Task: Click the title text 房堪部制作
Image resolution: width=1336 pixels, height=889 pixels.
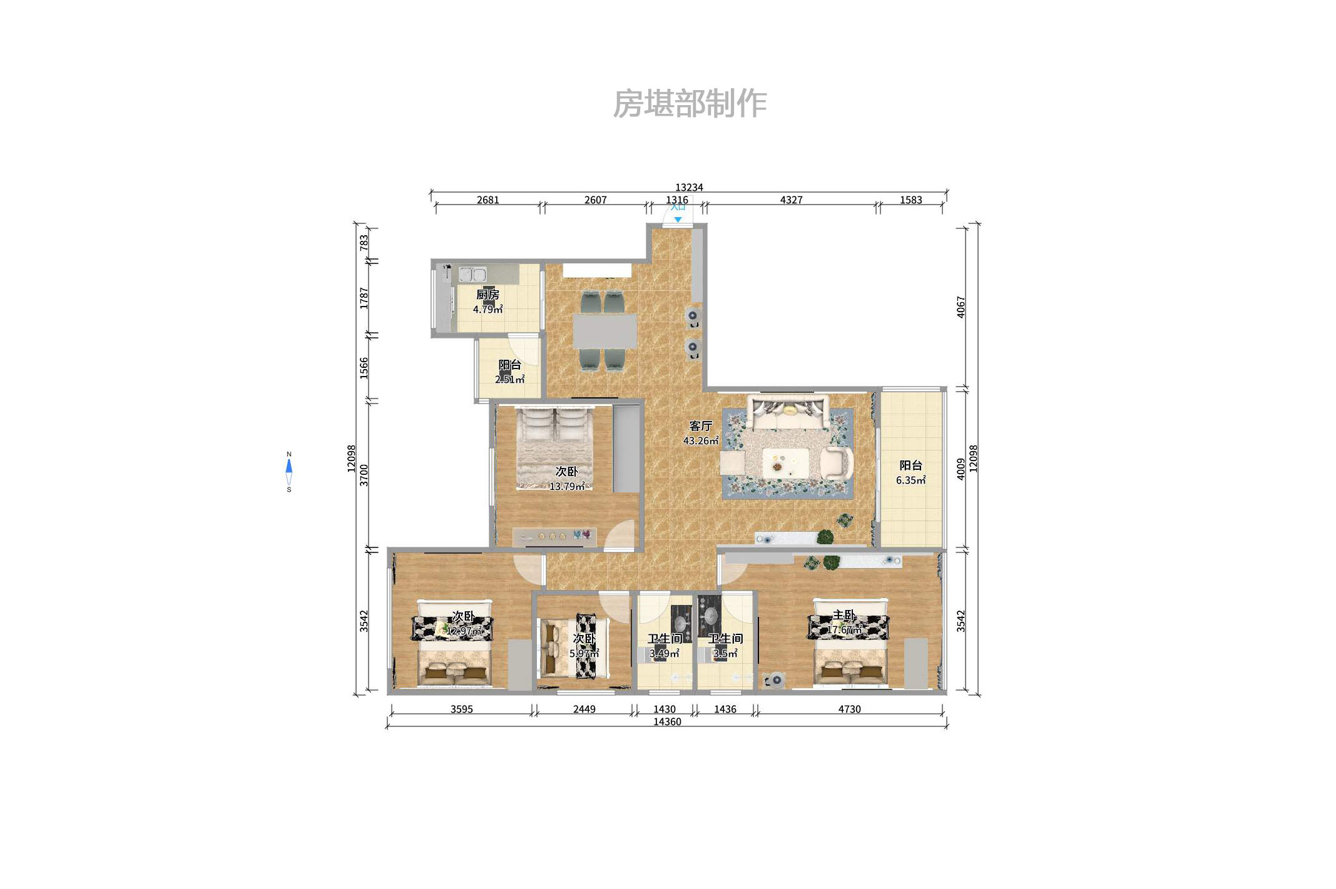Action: click(689, 103)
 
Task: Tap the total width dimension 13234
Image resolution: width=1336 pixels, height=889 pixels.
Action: click(689, 187)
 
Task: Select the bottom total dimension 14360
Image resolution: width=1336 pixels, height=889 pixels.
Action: click(667, 721)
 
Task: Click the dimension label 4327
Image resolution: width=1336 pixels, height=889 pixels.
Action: click(791, 200)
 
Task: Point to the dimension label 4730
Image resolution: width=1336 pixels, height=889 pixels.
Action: click(849, 709)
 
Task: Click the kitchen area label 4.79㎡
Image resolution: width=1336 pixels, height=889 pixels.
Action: click(487, 309)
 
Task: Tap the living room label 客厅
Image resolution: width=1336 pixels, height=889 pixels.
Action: click(700, 426)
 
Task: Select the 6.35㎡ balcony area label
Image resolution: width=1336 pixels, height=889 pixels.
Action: click(910, 480)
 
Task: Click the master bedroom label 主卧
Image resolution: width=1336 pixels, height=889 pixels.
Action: click(844, 616)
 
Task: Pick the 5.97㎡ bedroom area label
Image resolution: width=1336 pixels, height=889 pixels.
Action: click(584, 654)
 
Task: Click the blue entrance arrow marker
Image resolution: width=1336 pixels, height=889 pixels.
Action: click(678, 220)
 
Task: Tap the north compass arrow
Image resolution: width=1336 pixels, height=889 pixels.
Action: click(289, 465)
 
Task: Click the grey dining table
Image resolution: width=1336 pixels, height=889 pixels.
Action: click(604, 331)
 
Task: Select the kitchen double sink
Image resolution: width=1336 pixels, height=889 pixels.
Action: click(472, 274)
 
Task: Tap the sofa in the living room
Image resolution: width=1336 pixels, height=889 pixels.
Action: click(790, 413)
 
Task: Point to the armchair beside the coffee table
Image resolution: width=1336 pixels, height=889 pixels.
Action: click(837, 464)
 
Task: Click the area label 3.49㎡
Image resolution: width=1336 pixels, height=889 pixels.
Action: click(664, 654)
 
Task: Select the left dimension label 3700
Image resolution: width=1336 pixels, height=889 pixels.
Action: click(364, 475)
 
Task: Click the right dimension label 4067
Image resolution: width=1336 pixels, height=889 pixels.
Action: click(961, 307)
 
